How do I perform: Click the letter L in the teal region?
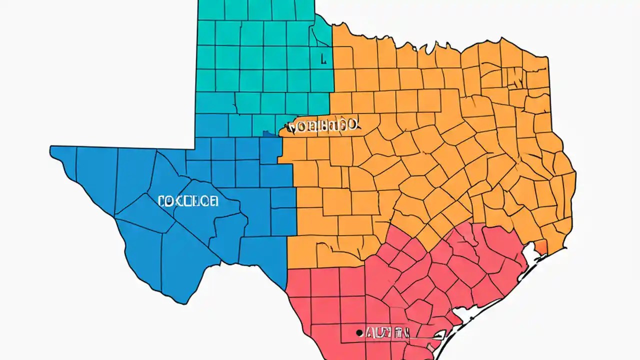(x=323, y=59)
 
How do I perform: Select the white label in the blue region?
(x=187, y=201)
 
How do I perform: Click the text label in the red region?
(x=387, y=332)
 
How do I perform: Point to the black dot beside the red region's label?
(x=358, y=332)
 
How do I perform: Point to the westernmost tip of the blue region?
(x=50, y=148)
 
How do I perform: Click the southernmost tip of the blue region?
(x=185, y=303)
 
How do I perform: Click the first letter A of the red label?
(x=369, y=332)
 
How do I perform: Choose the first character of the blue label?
(x=161, y=201)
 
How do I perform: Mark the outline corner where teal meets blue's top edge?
(x=195, y=148)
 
